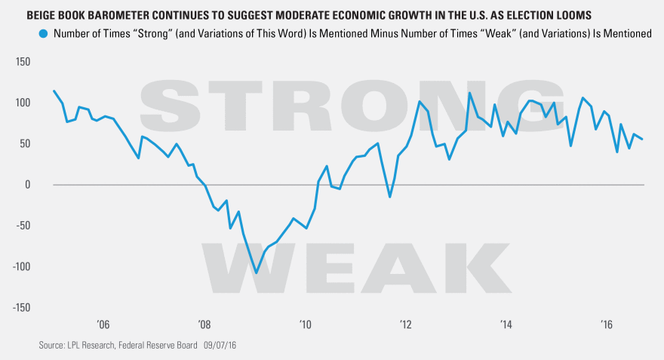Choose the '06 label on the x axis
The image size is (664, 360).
pyautogui.click(x=103, y=325)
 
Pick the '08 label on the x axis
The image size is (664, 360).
pyautogui.click(x=204, y=325)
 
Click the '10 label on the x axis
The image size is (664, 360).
pyautogui.click(x=305, y=325)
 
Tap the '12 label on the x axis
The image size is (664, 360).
pyautogui.click(x=405, y=325)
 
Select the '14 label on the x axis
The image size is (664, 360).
pyautogui.click(x=506, y=325)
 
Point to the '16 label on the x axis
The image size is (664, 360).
pyautogui.click(x=606, y=325)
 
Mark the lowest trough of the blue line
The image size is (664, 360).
pyautogui.click(x=257, y=273)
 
